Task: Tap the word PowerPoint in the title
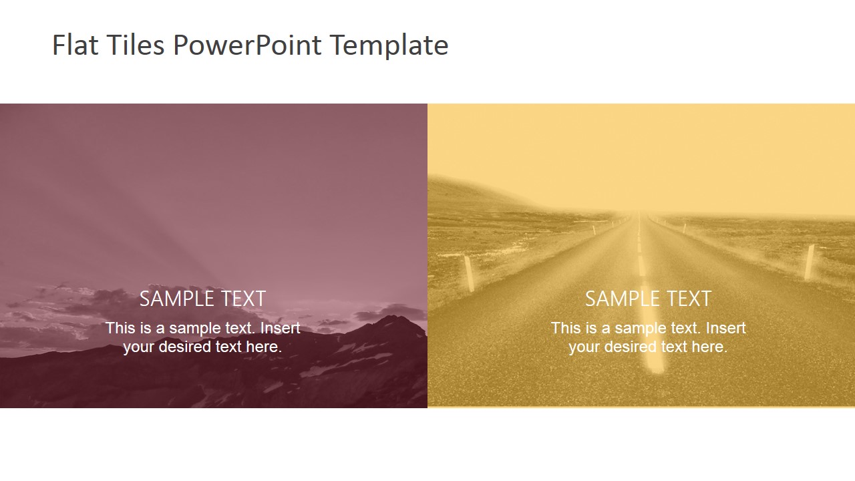click(247, 45)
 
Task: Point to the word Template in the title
click(389, 45)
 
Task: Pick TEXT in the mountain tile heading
click(241, 299)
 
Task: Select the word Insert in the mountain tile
click(280, 328)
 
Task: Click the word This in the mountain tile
click(120, 328)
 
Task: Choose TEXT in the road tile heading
click(687, 299)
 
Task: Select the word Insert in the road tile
click(725, 328)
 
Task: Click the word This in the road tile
click(566, 328)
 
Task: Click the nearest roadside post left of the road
click(469, 273)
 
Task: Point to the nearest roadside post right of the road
click(810, 261)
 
